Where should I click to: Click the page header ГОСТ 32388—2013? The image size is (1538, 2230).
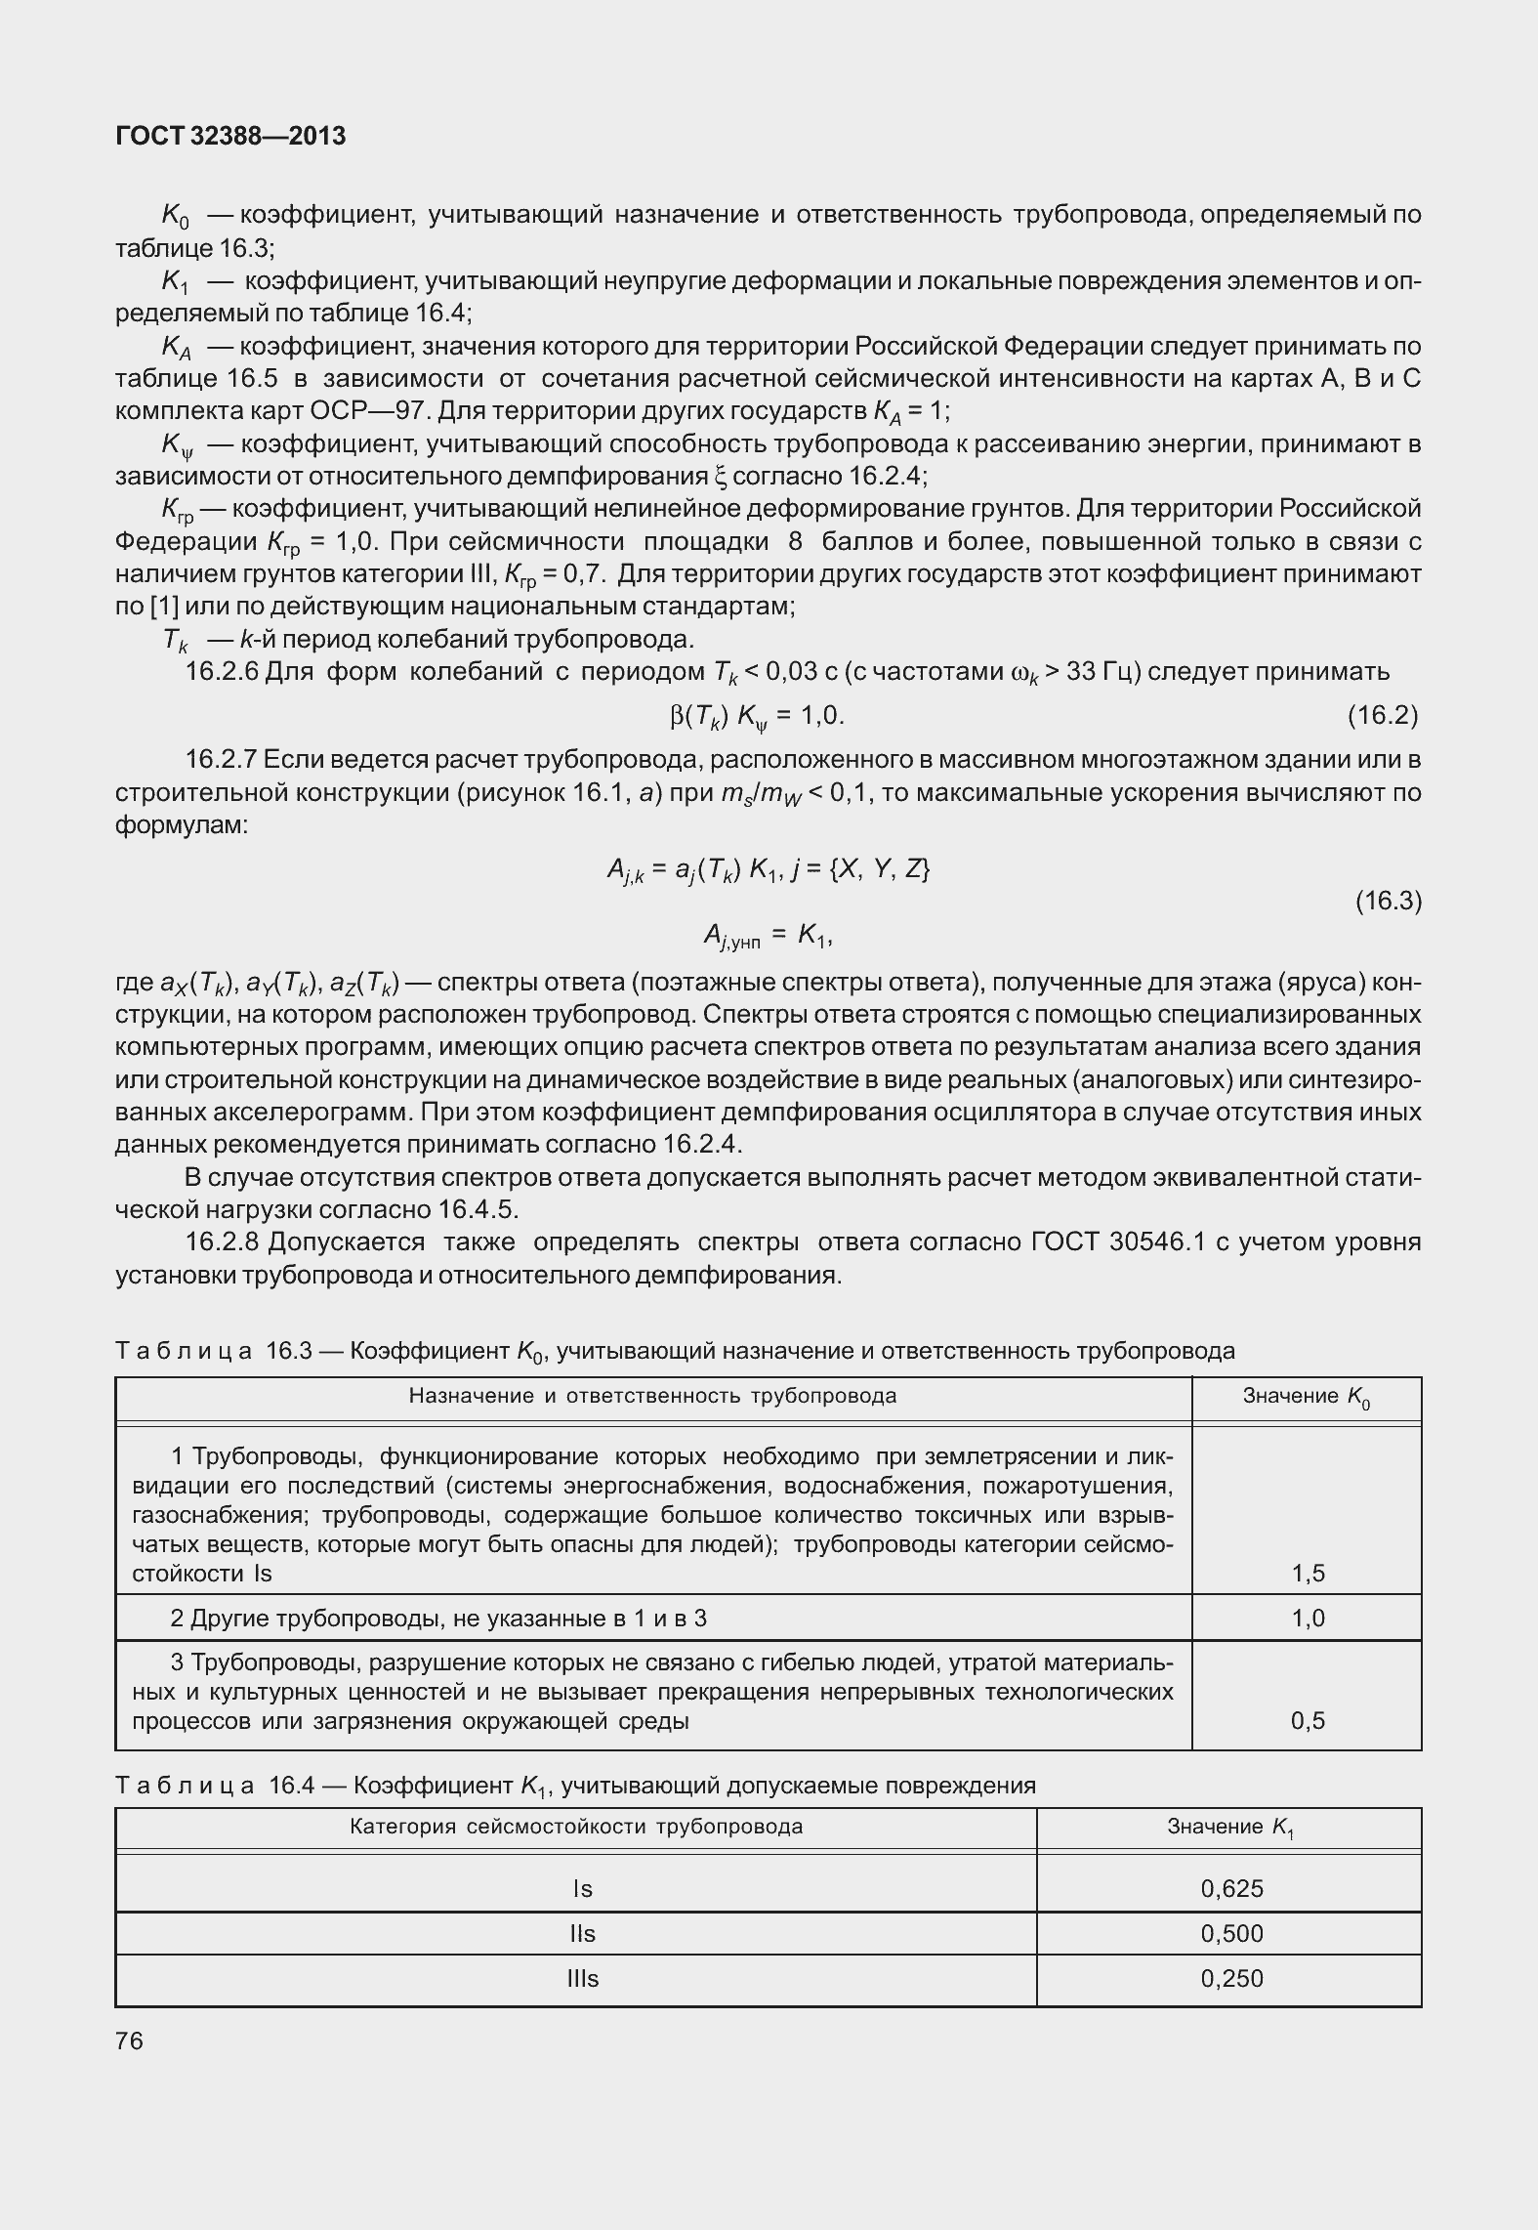pos(230,137)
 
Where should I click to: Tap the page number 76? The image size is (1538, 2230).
pos(129,2041)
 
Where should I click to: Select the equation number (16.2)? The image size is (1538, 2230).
pos(1382,716)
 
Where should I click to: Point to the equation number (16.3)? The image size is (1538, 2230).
pos(1388,901)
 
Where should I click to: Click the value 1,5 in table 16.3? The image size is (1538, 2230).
pos(1308,1573)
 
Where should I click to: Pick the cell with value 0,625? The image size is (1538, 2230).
pos(1231,1888)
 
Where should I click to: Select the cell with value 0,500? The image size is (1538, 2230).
pos(1231,1933)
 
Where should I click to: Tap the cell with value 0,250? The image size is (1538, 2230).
pos(1231,1978)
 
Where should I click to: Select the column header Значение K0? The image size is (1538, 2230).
pos(1306,1397)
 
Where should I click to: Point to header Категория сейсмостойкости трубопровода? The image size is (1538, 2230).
pos(576,1826)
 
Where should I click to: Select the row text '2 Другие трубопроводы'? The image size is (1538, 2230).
pos(437,1619)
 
